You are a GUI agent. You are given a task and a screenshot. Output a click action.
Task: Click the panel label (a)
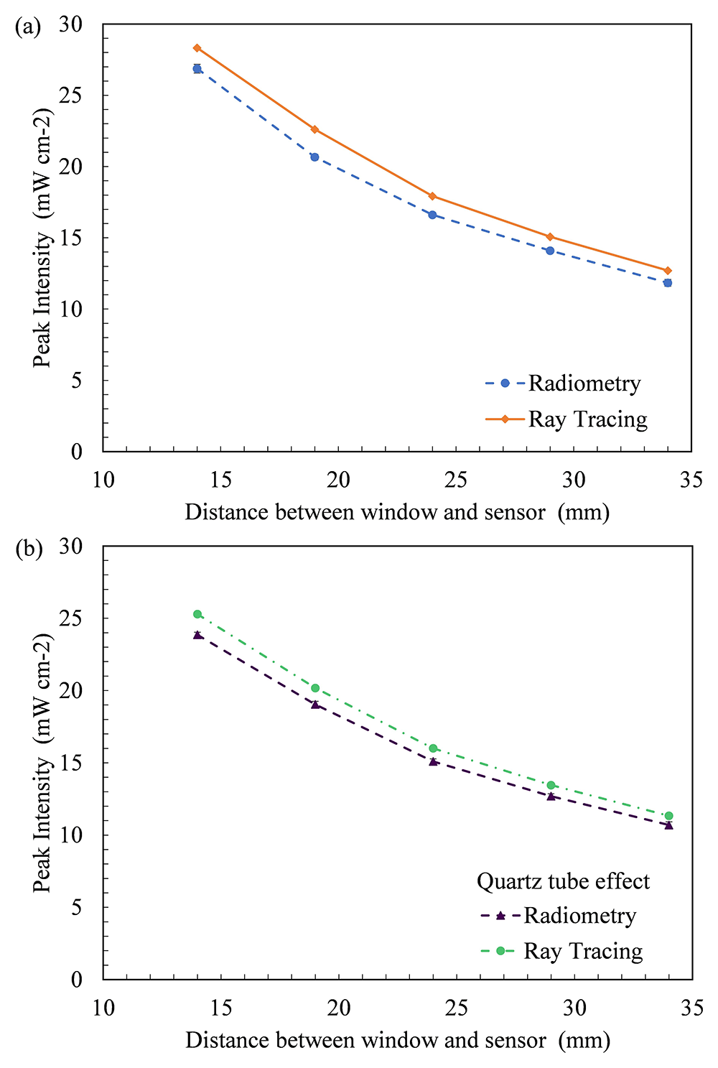click(28, 28)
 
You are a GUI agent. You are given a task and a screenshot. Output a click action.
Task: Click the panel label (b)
click(29, 549)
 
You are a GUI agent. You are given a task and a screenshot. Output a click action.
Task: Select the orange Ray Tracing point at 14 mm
click(197, 48)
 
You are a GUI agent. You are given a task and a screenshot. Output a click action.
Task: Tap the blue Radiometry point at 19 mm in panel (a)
click(314, 157)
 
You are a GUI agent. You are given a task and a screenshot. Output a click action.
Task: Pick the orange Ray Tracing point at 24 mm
click(432, 196)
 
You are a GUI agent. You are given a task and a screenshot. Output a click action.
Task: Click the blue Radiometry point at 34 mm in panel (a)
click(668, 283)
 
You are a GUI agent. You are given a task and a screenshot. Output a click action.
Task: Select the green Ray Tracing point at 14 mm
click(197, 614)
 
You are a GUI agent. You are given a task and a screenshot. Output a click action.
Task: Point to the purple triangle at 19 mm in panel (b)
click(315, 704)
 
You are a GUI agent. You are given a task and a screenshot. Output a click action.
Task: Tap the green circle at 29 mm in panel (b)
click(551, 785)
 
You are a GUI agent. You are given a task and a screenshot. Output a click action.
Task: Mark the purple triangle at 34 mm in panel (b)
click(668, 825)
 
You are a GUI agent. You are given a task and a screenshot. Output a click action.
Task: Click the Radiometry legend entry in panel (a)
click(563, 384)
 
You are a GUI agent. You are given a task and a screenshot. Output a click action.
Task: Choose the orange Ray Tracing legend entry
click(567, 419)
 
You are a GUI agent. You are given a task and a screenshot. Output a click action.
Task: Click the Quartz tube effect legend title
click(563, 881)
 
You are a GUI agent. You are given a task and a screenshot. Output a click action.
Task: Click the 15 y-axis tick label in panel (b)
click(71, 762)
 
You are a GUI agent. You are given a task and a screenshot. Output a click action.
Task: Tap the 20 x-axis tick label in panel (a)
click(338, 480)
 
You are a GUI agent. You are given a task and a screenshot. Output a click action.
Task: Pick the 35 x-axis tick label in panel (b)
click(691, 1008)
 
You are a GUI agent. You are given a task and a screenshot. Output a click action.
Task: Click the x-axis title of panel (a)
click(397, 513)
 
